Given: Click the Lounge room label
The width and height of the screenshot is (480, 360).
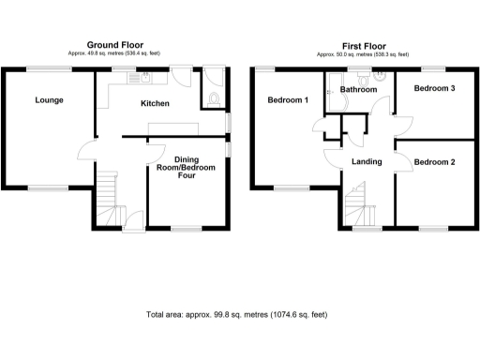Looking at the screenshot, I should coord(50,99).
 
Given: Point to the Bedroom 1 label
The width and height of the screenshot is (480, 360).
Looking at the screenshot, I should coord(288,99).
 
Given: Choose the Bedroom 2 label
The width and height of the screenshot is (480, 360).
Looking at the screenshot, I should coord(435,162).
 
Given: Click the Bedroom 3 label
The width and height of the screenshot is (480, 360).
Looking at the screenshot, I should coord(435,88).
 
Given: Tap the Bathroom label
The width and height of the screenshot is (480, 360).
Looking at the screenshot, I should coord(358,89).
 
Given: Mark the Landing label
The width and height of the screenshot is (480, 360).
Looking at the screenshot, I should coord(366,161).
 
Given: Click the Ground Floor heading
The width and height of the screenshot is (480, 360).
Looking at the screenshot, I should coord(115,45).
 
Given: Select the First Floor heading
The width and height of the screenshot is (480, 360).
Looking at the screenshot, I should coord(363,45).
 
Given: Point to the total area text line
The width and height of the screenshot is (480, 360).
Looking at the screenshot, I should coord(237,316).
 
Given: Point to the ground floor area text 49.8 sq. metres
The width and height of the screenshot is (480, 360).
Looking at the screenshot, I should coord(115,53).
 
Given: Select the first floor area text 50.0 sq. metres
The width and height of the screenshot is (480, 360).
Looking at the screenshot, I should coord(363,53).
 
